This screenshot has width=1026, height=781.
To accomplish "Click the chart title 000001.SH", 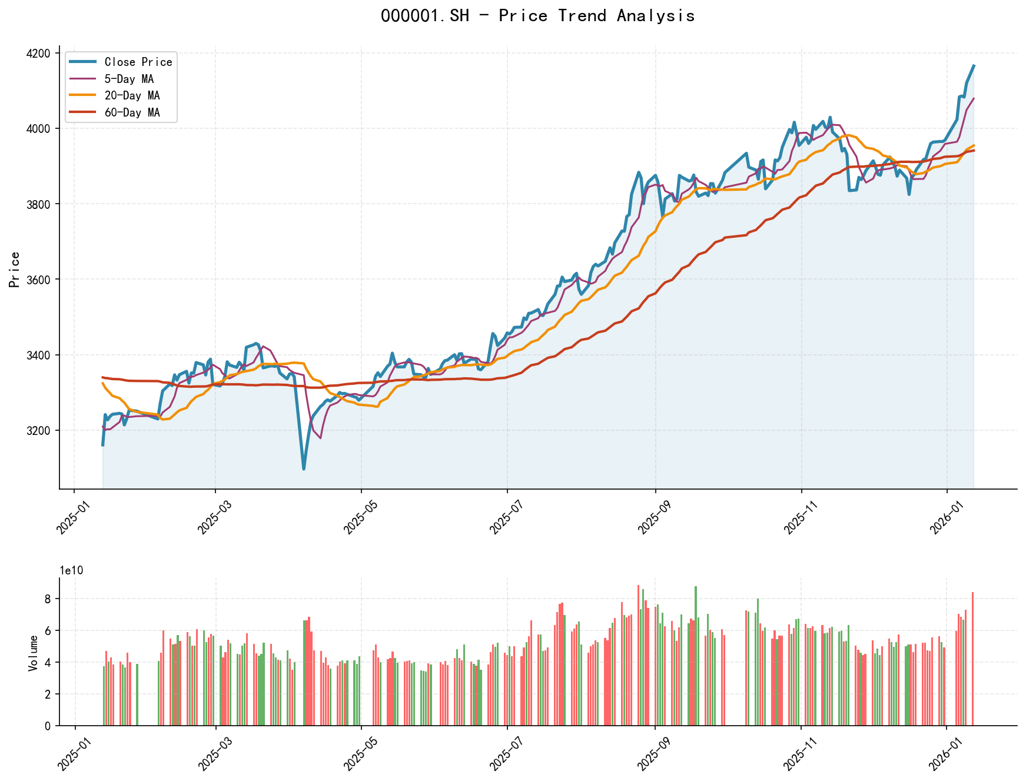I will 537,16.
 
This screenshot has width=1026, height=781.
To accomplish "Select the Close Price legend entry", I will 138,62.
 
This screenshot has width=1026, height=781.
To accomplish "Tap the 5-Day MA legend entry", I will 129,79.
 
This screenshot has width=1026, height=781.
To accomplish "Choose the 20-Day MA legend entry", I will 132,95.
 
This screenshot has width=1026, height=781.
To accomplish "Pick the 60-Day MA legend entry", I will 132,112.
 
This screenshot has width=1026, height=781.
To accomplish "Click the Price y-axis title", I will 15,269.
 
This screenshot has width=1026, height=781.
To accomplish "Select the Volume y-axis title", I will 34,653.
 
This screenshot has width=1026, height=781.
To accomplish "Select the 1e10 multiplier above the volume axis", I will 71,571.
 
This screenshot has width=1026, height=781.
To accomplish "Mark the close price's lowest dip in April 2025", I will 304,468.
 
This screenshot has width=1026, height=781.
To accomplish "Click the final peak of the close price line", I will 974,66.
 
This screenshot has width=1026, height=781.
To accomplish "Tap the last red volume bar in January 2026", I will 972,659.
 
